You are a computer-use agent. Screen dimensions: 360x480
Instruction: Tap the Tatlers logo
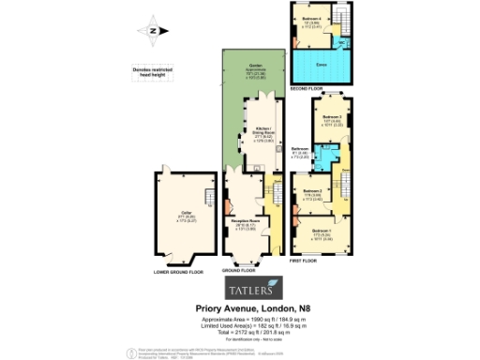pyautogui.click(x=250, y=286)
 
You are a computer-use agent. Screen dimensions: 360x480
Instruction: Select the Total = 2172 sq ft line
pyautogui.click(x=250, y=331)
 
